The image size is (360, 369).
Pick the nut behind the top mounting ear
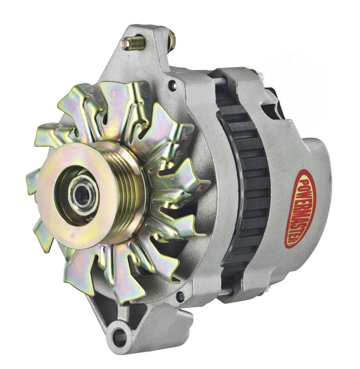[172, 40]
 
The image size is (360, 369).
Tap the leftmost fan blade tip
[31, 178]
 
